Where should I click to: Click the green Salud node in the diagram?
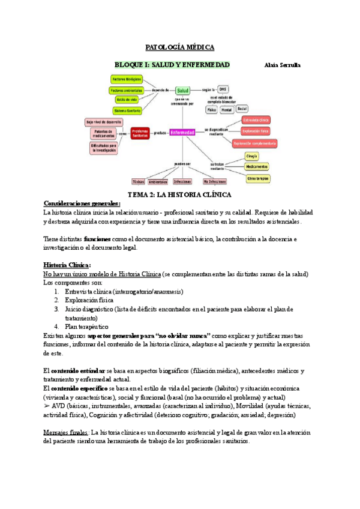(x=182, y=90)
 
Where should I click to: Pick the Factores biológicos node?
(x=127, y=79)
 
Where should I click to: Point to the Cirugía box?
(x=252, y=156)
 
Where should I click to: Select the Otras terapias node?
(x=258, y=178)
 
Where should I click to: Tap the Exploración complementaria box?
(x=255, y=143)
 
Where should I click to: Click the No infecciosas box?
(x=214, y=181)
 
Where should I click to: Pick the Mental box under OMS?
(x=227, y=110)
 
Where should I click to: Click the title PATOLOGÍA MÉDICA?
(x=180, y=47)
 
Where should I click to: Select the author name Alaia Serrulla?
(x=282, y=65)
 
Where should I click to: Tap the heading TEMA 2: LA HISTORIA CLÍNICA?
(x=180, y=195)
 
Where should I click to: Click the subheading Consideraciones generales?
(x=82, y=203)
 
